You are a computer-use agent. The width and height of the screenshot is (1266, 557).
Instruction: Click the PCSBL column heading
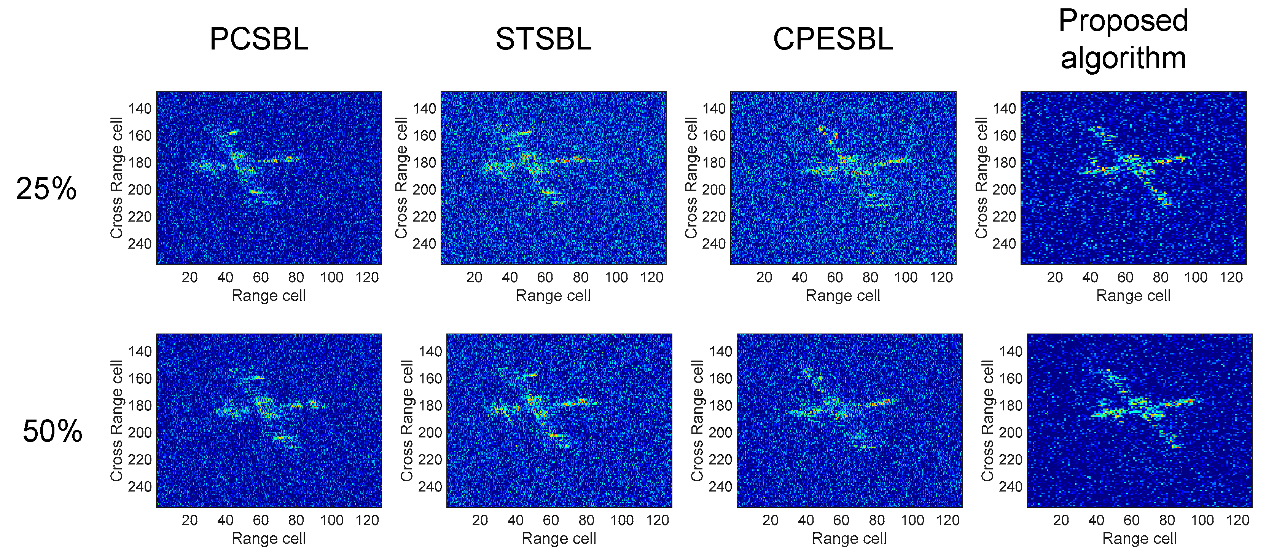[259, 39]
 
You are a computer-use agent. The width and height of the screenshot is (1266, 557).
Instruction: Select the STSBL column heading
[543, 39]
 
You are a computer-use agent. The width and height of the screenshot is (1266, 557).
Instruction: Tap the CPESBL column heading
[833, 39]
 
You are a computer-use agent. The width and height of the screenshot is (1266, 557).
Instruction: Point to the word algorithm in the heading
[1123, 57]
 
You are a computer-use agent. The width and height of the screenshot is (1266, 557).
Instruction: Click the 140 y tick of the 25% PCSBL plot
[140, 109]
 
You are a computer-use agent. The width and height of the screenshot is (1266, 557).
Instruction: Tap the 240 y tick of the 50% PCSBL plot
[140, 487]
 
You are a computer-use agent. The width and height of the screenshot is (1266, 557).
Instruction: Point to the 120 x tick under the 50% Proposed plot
[1237, 520]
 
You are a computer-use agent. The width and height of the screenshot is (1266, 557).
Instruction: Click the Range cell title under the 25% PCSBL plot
[268, 296]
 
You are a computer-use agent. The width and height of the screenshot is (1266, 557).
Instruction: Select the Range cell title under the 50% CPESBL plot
[849, 539]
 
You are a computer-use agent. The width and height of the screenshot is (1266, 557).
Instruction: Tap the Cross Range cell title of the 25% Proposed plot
[981, 178]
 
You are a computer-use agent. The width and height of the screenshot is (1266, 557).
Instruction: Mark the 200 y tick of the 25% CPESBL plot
[713, 190]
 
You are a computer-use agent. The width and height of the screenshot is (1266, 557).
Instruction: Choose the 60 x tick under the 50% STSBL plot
[551, 520]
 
